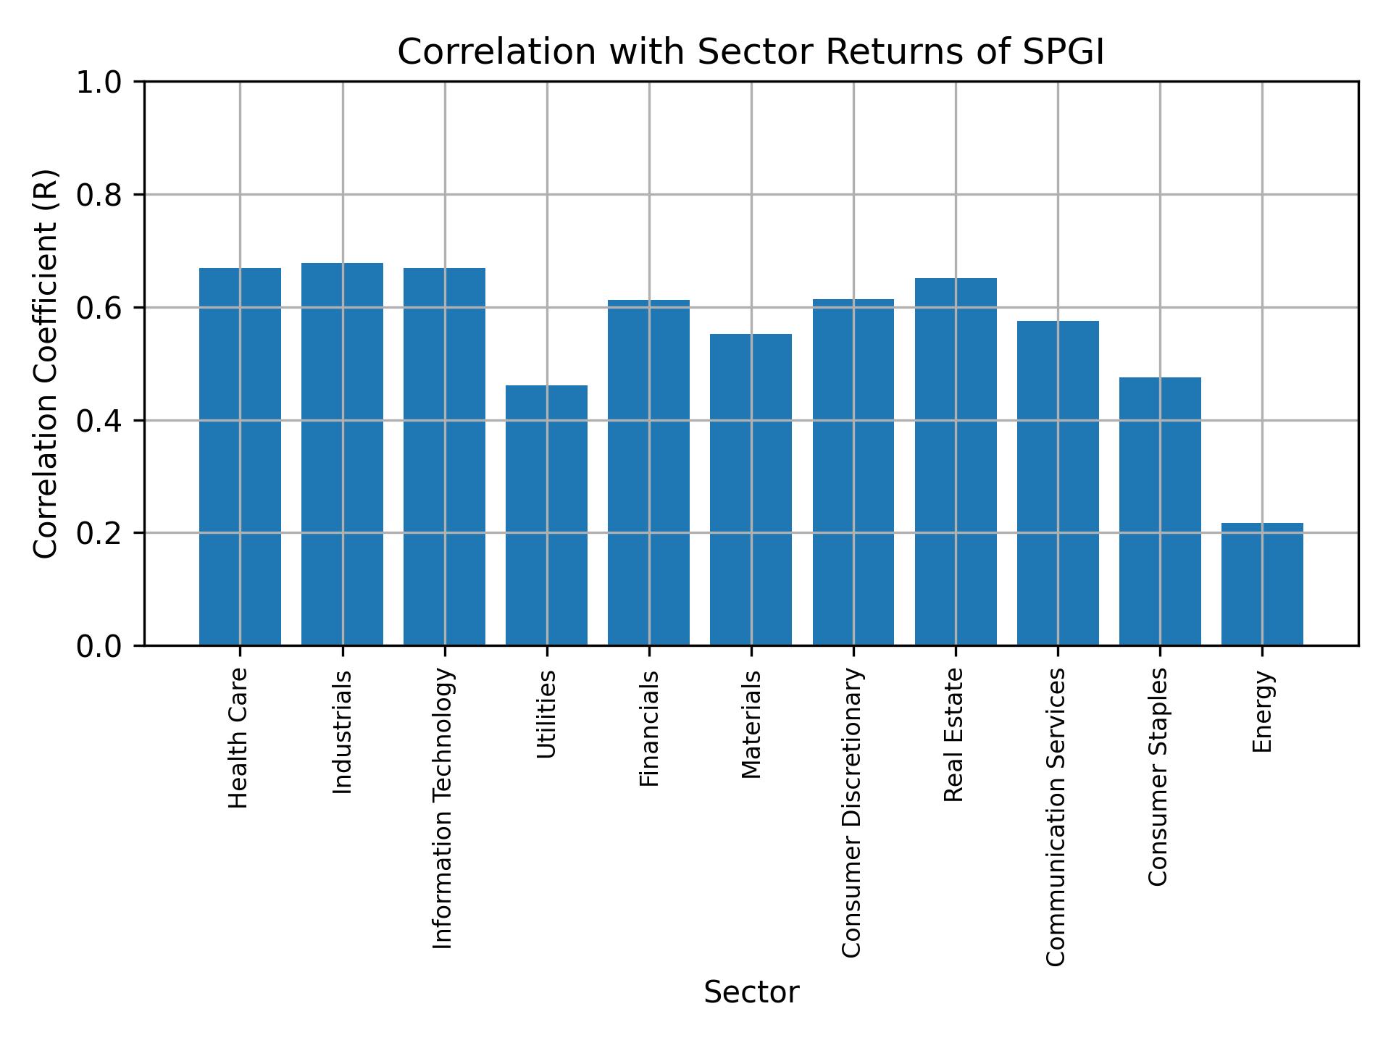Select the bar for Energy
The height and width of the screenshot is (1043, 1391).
coord(1261,584)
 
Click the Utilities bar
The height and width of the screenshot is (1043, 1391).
coord(546,515)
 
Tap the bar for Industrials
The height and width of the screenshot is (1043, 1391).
coord(342,454)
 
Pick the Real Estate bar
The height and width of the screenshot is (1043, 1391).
coord(955,461)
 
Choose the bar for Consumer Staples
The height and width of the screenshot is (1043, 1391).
coord(1159,511)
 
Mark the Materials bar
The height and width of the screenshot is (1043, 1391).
coord(751,490)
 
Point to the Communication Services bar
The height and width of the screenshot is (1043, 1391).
coord(1057,483)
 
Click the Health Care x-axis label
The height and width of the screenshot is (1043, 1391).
coord(238,738)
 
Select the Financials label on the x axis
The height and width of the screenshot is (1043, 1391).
coord(648,729)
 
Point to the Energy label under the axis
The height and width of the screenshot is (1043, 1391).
coord(1262,712)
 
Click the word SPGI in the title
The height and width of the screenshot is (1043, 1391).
coord(1063,52)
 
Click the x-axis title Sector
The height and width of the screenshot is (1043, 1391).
coord(751,992)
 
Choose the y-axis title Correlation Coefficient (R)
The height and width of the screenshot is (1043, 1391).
coord(46,364)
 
